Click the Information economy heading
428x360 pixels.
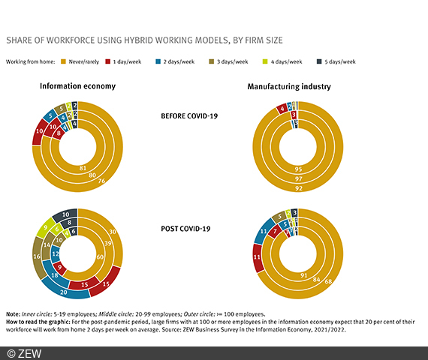77,86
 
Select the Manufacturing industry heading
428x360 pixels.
290,87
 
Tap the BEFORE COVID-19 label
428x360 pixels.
191,115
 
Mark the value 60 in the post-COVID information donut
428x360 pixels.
100,256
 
